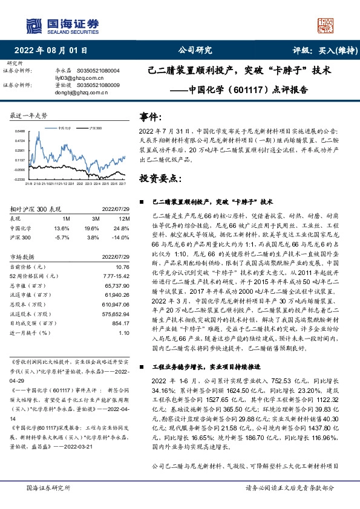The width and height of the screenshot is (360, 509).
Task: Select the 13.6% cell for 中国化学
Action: point(62,228)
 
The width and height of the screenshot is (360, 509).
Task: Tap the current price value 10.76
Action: point(123,267)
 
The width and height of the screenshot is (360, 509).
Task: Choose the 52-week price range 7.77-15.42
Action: point(117,276)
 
